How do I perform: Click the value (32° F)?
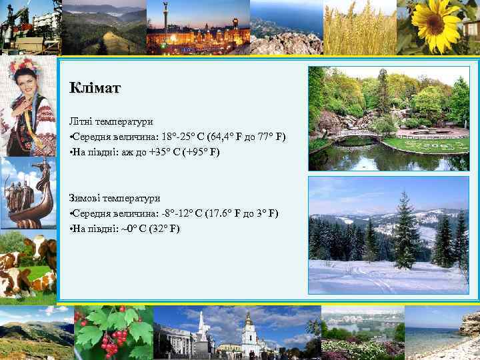165,229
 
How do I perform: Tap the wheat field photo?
360,28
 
